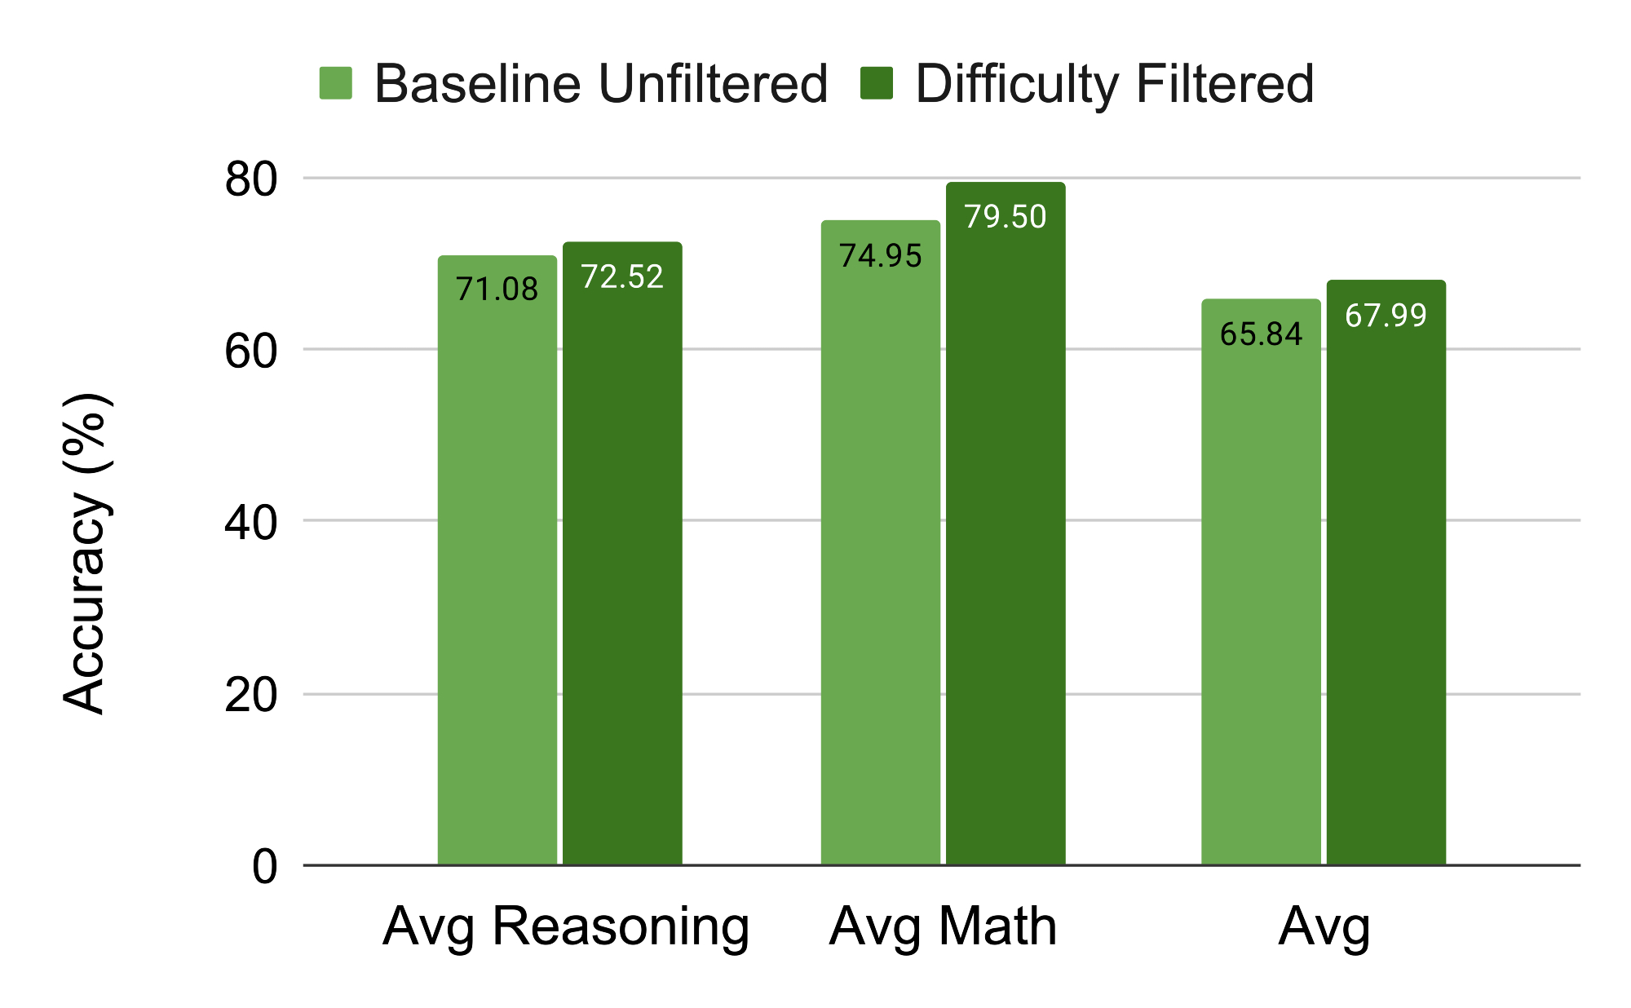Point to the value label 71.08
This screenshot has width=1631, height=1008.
pyautogui.click(x=497, y=290)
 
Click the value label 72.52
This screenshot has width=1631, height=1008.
pyautogui.click(x=622, y=277)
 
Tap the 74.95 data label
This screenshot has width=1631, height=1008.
pyautogui.click(x=881, y=256)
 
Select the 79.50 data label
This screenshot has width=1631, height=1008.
pyautogui.click(x=1006, y=217)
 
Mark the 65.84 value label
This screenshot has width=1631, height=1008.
pyautogui.click(x=1261, y=334)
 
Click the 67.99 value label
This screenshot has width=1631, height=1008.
pyautogui.click(x=1386, y=316)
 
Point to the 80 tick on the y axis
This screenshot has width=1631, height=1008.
pyautogui.click(x=251, y=180)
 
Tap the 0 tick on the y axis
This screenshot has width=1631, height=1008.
pyautogui.click(x=264, y=867)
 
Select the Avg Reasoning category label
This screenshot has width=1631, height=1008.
pyautogui.click(x=566, y=927)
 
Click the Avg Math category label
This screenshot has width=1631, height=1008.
pyautogui.click(x=943, y=927)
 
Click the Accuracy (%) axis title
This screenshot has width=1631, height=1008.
pyautogui.click(x=86, y=555)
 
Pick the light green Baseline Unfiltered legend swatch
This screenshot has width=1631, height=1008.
pyautogui.click(x=336, y=83)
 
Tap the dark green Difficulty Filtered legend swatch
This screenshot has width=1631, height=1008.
pyautogui.click(x=877, y=83)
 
